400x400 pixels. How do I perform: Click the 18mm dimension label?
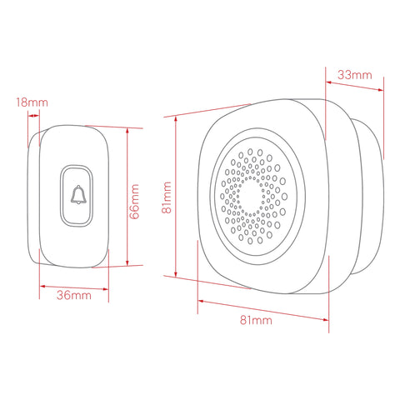[x=32, y=102]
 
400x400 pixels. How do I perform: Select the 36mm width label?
[x=74, y=295]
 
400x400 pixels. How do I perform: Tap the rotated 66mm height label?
[x=135, y=202]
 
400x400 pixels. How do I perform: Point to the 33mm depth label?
[x=355, y=75]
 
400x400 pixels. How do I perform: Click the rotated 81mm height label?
[x=167, y=197]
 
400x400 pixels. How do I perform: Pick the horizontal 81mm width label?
[x=256, y=320]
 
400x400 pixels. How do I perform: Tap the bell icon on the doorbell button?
[x=78, y=195]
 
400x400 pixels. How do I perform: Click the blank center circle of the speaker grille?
[x=251, y=196]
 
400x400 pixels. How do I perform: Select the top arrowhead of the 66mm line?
[x=127, y=131]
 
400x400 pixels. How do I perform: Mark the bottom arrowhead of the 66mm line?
[x=127, y=262]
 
